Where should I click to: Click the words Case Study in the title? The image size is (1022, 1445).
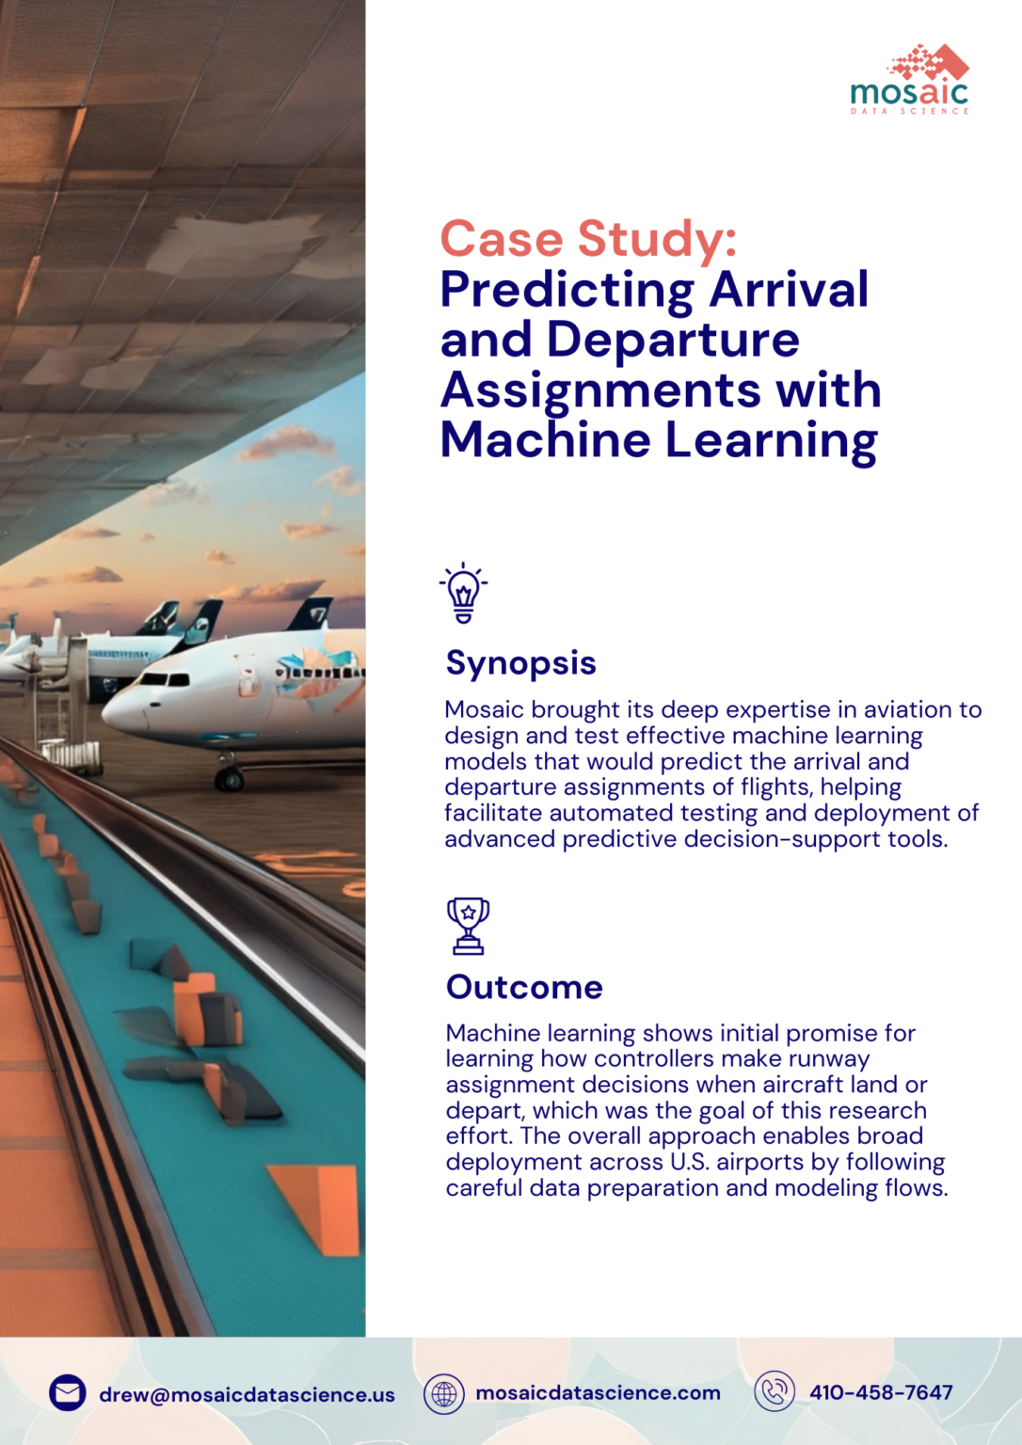[x=587, y=239]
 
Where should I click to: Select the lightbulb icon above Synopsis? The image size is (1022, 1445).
[x=463, y=594]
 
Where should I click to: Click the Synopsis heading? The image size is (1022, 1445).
[x=520, y=663]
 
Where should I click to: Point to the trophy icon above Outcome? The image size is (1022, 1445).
[x=468, y=926]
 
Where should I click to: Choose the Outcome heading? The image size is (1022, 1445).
[x=524, y=987]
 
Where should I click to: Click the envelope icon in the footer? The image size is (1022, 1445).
[x=68, y=1393]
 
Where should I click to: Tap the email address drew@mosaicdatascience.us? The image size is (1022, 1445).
[x=247, y=1394]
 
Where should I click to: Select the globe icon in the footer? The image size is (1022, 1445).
[x=443, y=1393]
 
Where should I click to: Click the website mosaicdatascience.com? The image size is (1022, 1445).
[x=598, y=1393]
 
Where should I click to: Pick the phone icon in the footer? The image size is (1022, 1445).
[x=774, y=1392]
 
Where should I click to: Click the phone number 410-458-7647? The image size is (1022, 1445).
[x=881, y=1392]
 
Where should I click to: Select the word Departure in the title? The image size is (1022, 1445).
[x=673, y=340]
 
